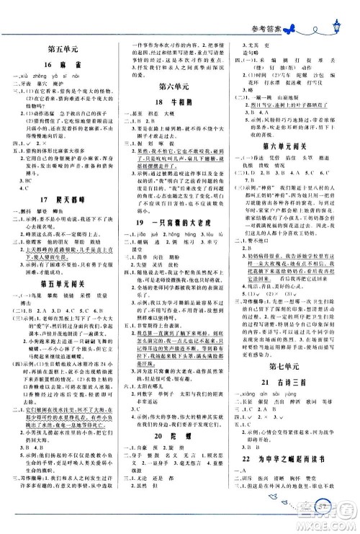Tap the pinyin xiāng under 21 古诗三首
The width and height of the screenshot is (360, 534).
pos(254,419)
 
